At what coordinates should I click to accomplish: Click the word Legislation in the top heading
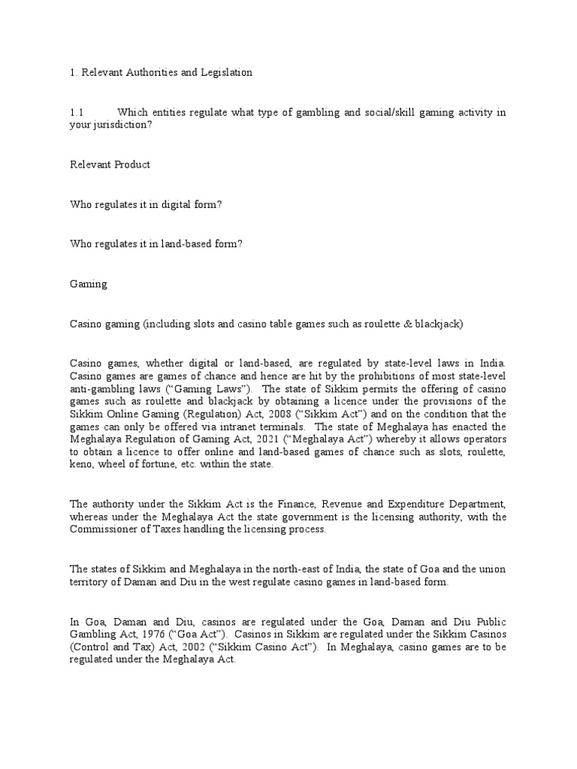(223, 73)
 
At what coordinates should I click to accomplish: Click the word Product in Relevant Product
(132, 164)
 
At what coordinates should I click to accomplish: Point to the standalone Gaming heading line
(89, 284)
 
